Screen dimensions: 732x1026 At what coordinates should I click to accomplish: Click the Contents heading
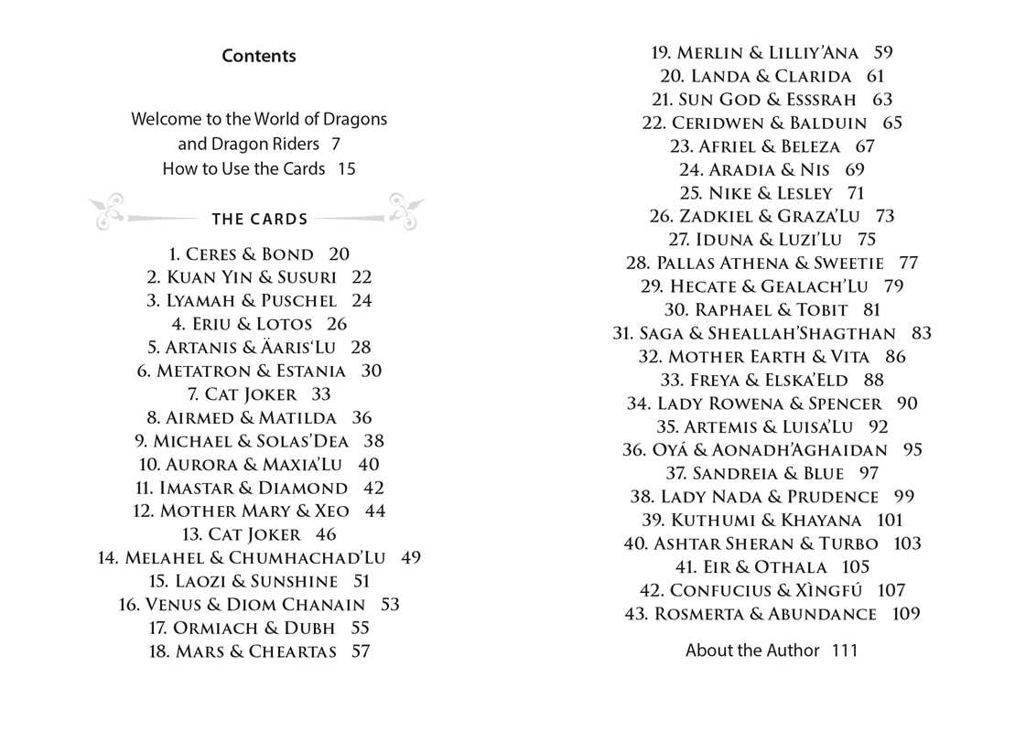(259, 56)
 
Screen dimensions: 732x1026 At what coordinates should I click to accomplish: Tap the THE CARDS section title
(260, 220)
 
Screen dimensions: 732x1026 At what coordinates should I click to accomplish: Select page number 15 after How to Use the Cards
(346, 168)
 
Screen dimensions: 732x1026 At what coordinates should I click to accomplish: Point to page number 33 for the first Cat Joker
(321, 394)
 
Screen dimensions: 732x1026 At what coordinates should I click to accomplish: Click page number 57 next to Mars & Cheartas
(361, 651)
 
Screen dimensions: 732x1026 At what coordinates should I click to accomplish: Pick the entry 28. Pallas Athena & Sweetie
(755, 264)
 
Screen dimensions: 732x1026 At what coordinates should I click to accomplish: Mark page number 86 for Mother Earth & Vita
(895, 357)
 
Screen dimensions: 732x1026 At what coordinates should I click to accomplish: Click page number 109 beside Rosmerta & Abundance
(905, 614)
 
